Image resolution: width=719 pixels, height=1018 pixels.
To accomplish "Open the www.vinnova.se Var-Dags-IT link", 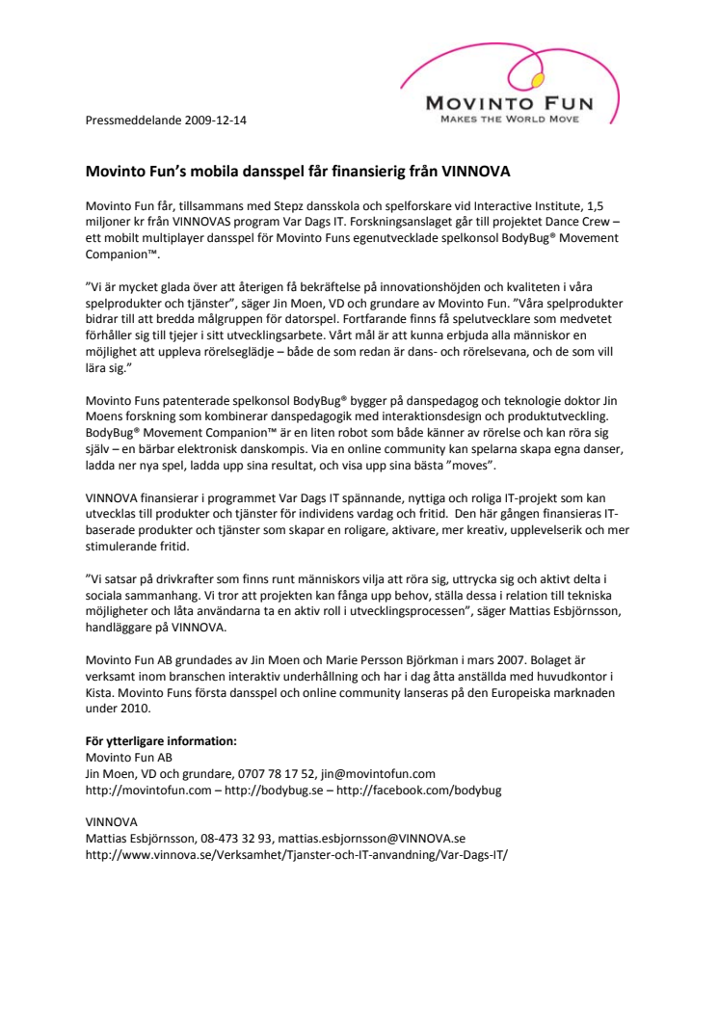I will click(296, 854).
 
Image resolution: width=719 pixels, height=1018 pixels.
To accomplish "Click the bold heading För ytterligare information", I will click(161, 740).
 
